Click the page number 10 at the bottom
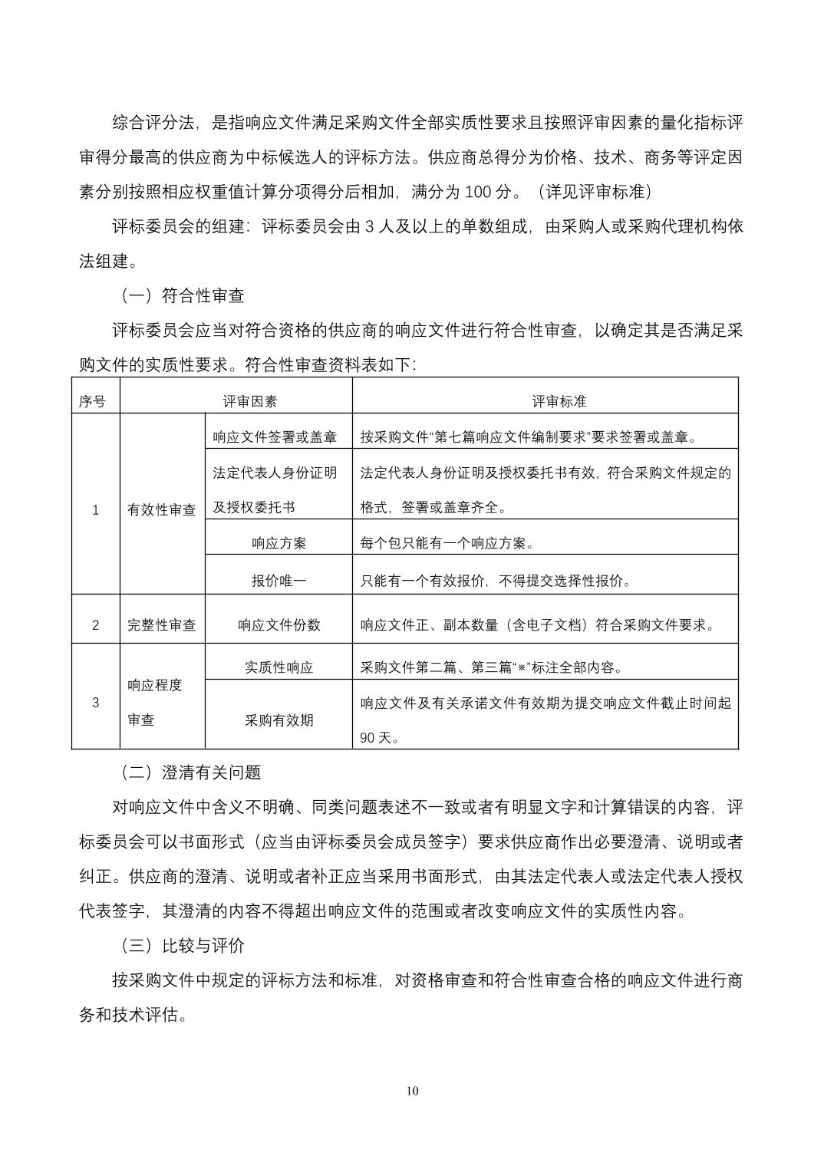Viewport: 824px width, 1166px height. point(413,1091)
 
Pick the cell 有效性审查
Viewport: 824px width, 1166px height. point(162,509)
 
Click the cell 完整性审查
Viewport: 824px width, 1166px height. point(162,624)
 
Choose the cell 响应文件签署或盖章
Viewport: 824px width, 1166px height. point(275,437)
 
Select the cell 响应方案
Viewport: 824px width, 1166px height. point(279,542)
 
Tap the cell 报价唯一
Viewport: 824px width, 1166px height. point(279,580)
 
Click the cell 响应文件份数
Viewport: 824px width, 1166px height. point(279,624)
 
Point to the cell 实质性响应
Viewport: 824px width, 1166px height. point(279,667)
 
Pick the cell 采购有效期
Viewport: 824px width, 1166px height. point(279,720)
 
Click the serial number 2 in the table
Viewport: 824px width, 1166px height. point(95,624)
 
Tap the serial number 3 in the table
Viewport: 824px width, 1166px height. point(95,702)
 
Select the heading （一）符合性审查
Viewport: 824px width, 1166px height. point(183,295)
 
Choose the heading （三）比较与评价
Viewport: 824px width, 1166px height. point(183,945)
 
